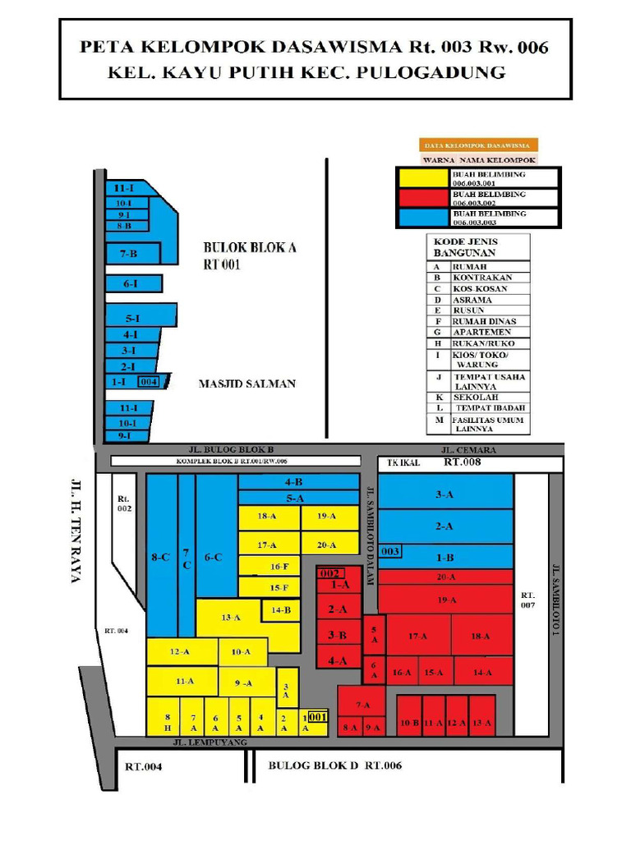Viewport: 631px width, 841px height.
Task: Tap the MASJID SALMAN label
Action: pyautogui.click(x=246, y=384)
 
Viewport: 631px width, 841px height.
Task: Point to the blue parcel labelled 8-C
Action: pyautogui.click(x=160, y=557)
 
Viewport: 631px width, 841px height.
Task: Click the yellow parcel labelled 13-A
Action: pyautogui.click(x=230, y=618)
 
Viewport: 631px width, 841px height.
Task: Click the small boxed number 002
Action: pyautogui.click(x=329, y=572)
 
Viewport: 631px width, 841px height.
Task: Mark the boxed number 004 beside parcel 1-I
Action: pyautogui.click(x=149, y=382)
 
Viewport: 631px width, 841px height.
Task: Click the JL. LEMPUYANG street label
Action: pyautogui.click(x=210, y=742)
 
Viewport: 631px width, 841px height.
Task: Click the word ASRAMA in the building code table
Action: pyautogui.click(x=472, y=300)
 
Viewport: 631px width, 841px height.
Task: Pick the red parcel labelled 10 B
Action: pyautogui.click(x=409, y=723)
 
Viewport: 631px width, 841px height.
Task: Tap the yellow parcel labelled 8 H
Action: pyautogui.click(x=168, y=722)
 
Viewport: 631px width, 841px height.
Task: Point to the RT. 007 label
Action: pyautogui.click(x=527, y=600)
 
